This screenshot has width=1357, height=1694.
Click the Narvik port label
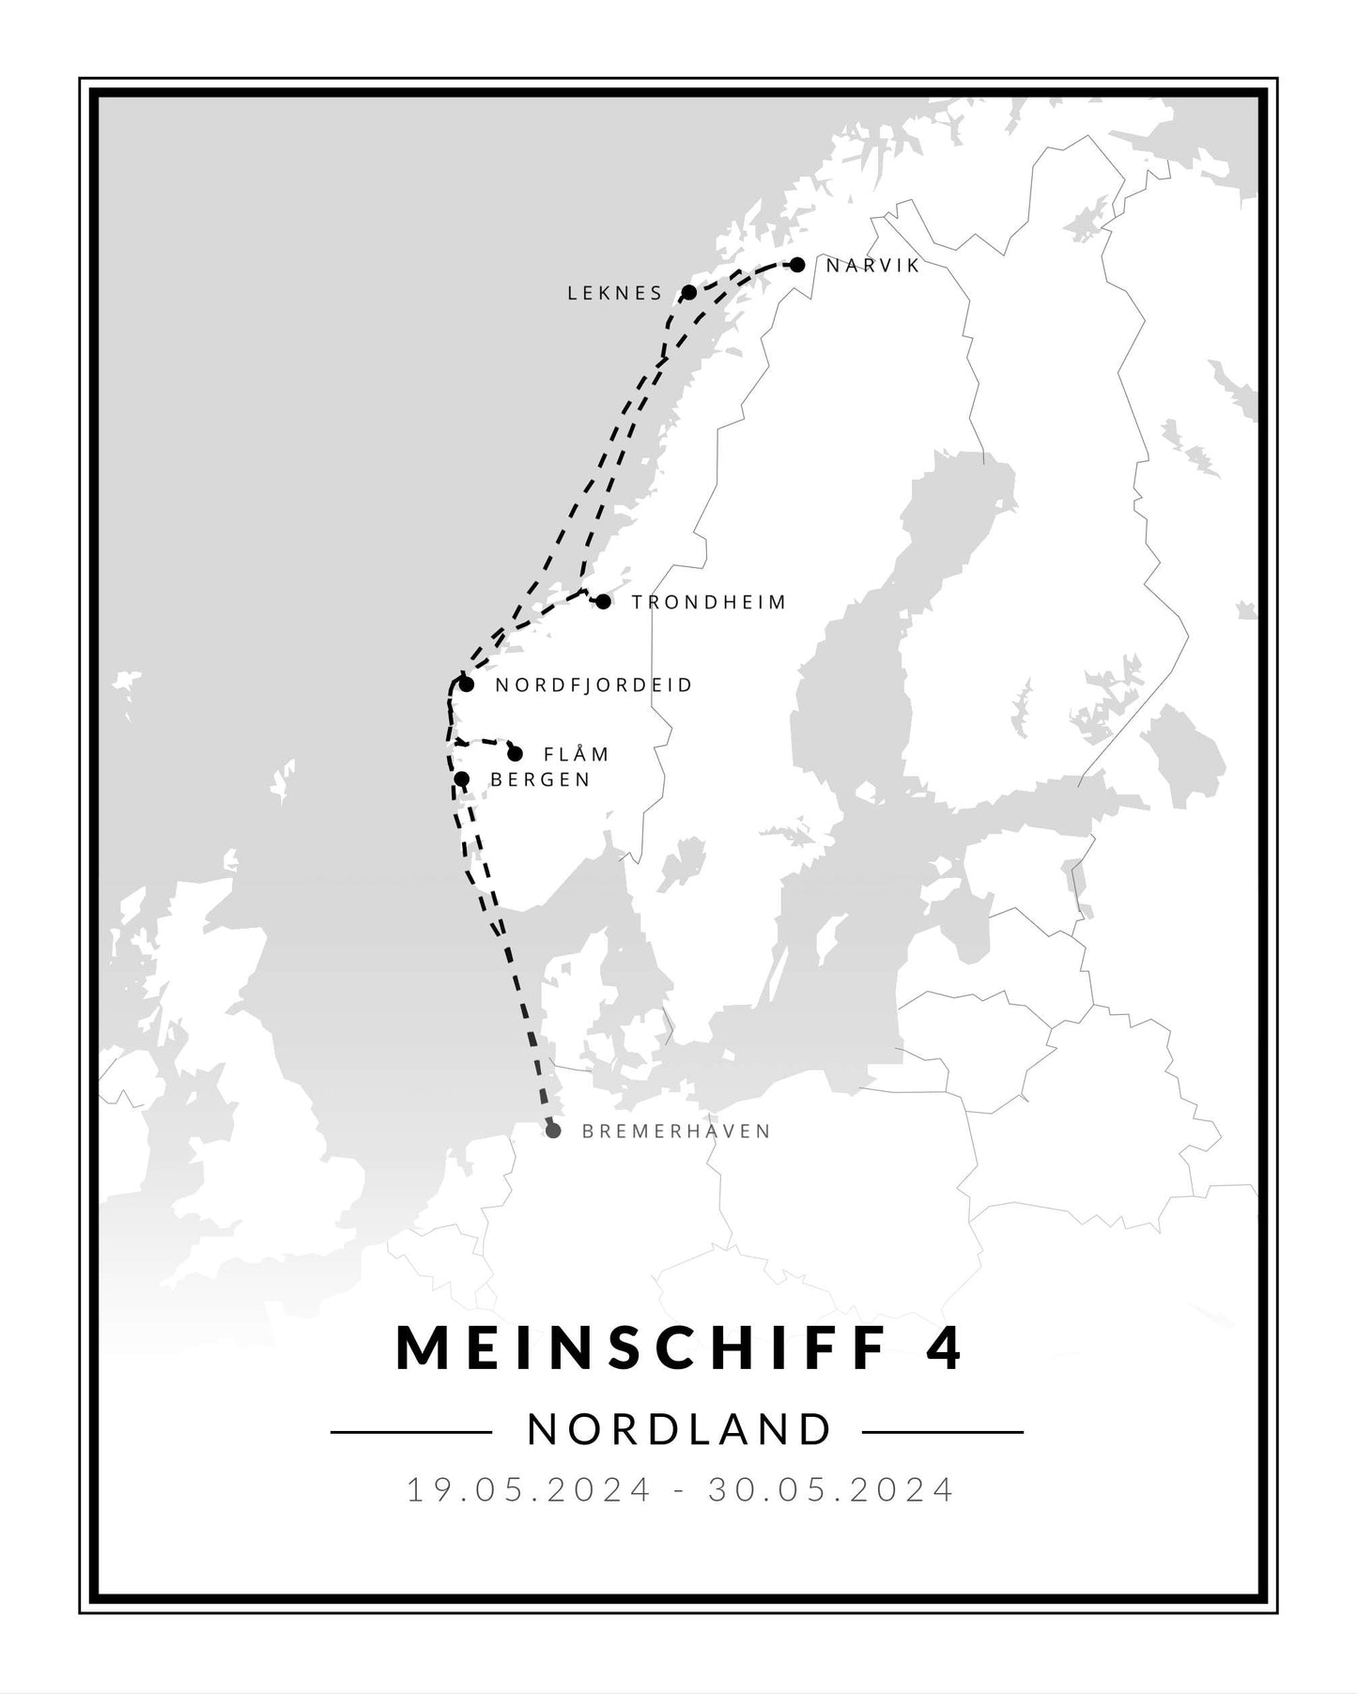coord(872,266)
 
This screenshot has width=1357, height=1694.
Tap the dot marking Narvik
coord(797,265)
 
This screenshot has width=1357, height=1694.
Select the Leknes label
coord(615,293)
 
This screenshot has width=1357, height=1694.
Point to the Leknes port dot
coord(688,292)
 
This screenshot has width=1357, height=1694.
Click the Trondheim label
coord(709,602)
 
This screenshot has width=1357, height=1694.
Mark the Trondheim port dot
coord(603,601)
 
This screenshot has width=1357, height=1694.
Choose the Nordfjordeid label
coord(594,685)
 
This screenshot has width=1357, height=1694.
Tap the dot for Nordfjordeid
coord(466,684)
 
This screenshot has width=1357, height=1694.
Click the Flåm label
coord(577,754)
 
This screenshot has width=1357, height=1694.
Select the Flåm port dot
coord(515,753)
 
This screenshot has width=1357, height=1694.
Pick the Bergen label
coord(541,779)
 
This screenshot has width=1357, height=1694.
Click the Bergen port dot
coord(461,778)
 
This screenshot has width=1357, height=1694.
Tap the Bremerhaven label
coord(676,1132)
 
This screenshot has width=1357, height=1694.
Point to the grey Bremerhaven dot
coord(553,1131)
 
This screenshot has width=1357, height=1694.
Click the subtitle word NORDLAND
coord(680,1430)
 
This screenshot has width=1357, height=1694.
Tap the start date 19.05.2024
coord(529,1489)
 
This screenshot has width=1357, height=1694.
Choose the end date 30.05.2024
coord(831,1489)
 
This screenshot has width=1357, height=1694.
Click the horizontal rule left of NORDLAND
coord(410,1432)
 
